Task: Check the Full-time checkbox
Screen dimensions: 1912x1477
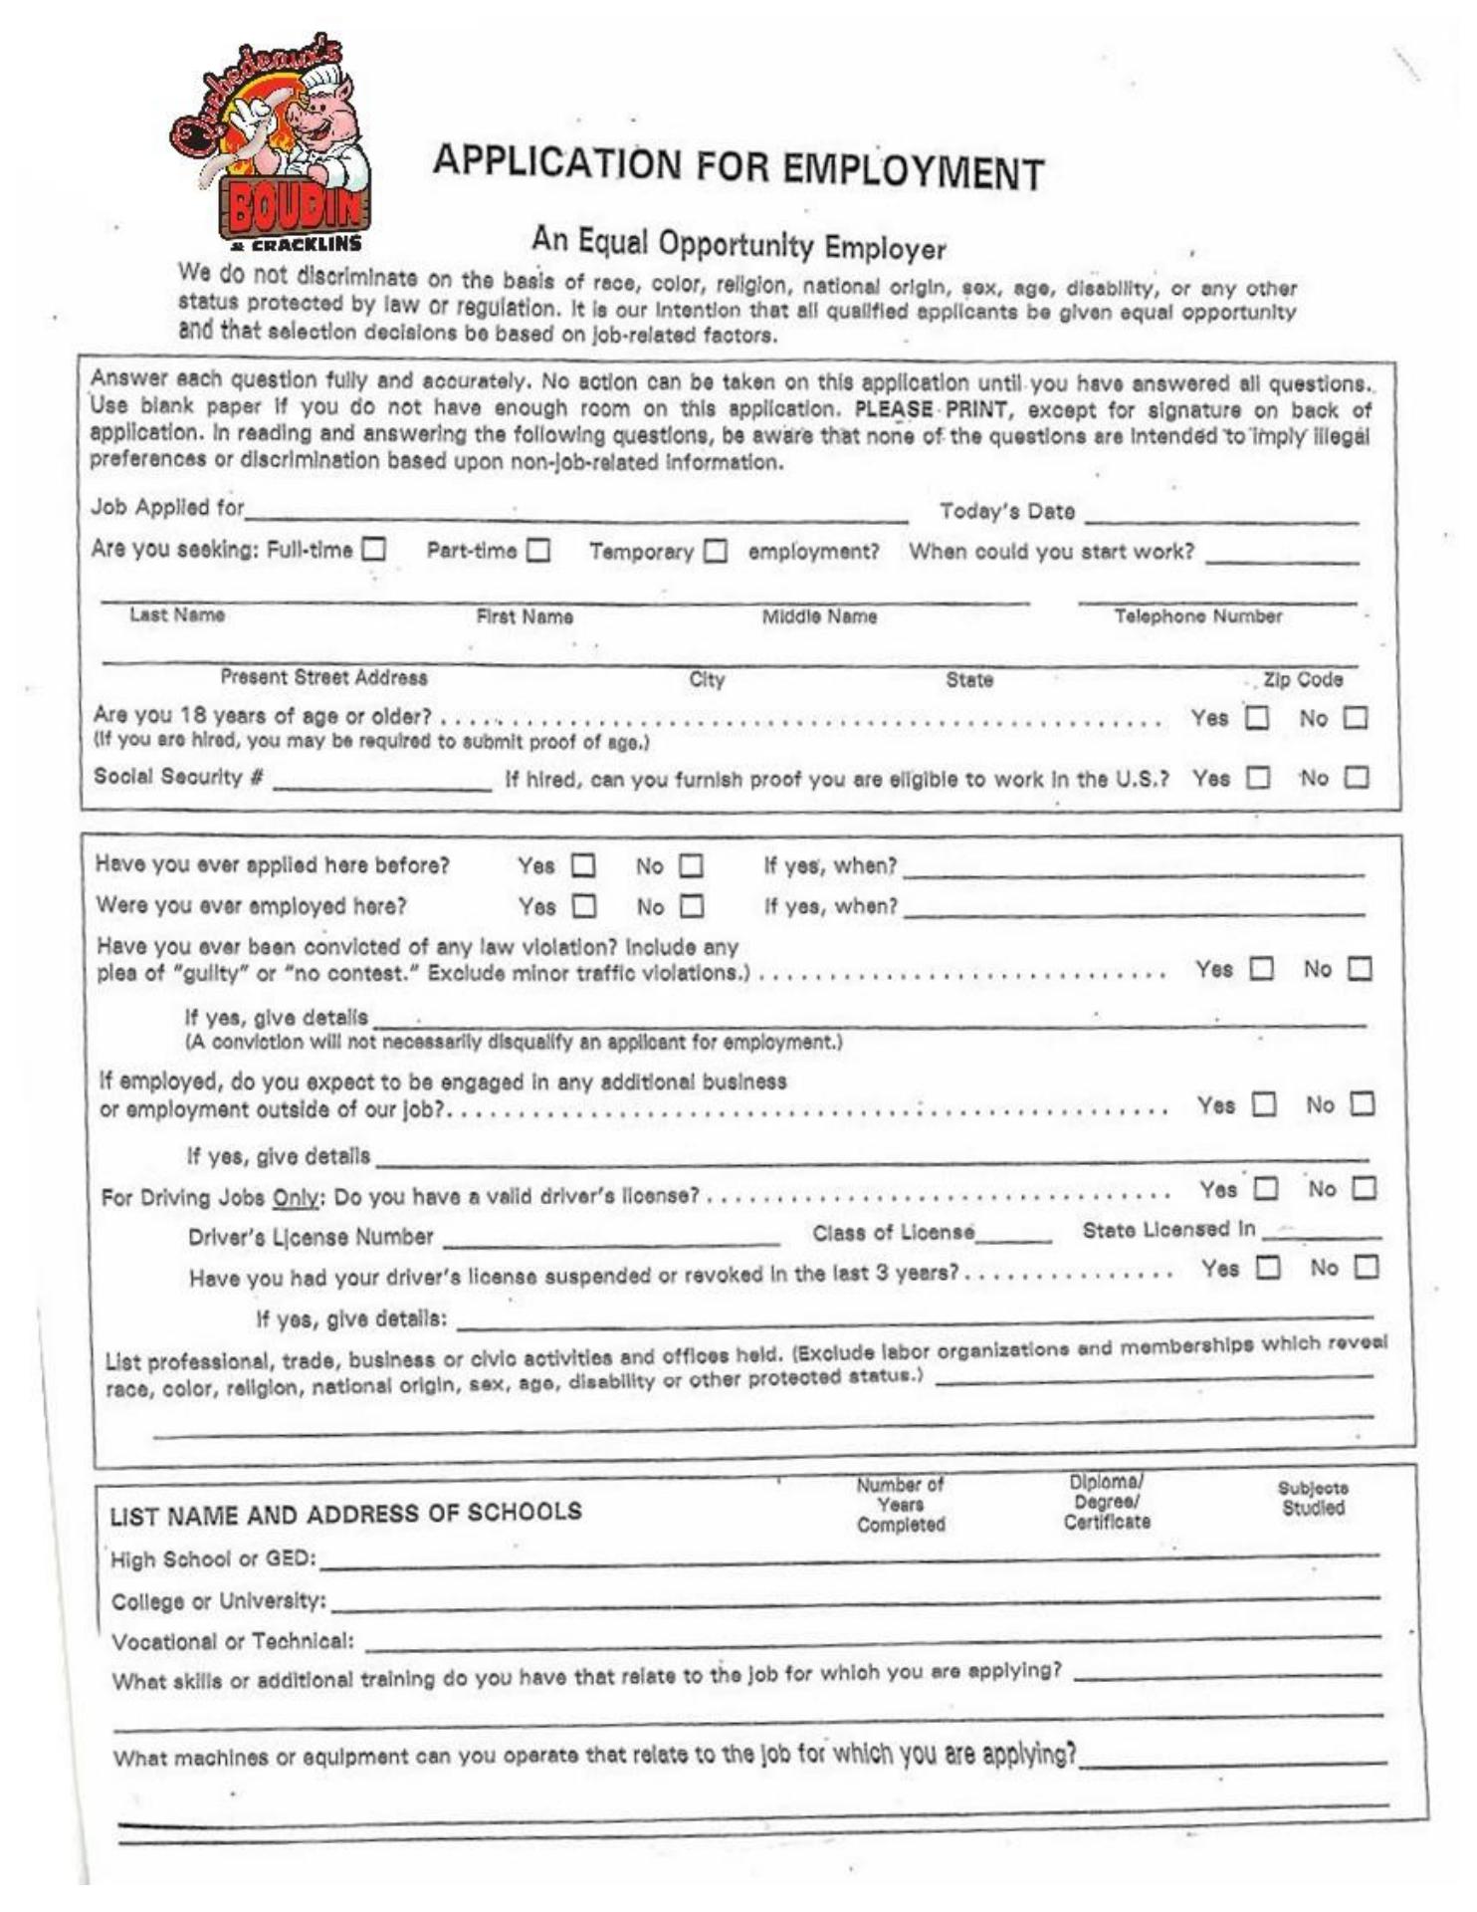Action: click(373, 549)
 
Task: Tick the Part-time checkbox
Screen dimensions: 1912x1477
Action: click(538, 550)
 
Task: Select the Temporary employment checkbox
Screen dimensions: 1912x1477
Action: click(716, 551)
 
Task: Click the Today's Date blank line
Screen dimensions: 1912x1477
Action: click(1221, 516)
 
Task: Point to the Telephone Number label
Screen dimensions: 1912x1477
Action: click(1197, 616)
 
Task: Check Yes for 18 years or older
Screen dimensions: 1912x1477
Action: click(1257, 718)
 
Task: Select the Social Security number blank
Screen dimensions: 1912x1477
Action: click(382, 783)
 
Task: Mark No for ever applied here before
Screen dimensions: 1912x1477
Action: click(691, 866)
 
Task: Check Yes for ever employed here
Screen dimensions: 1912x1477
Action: click(584, 906)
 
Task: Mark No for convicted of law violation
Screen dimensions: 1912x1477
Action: click(1360, 969)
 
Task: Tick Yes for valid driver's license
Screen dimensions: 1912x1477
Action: click(1265, 1189)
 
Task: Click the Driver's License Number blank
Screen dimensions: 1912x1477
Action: click(611, 1238)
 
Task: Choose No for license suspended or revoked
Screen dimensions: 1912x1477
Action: click(1368, 1268)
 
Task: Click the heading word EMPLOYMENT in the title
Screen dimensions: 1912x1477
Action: click(913, 171)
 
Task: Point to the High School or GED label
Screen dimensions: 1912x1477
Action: click(213, 1559)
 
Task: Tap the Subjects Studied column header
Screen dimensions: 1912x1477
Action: click(1313, 1498)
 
